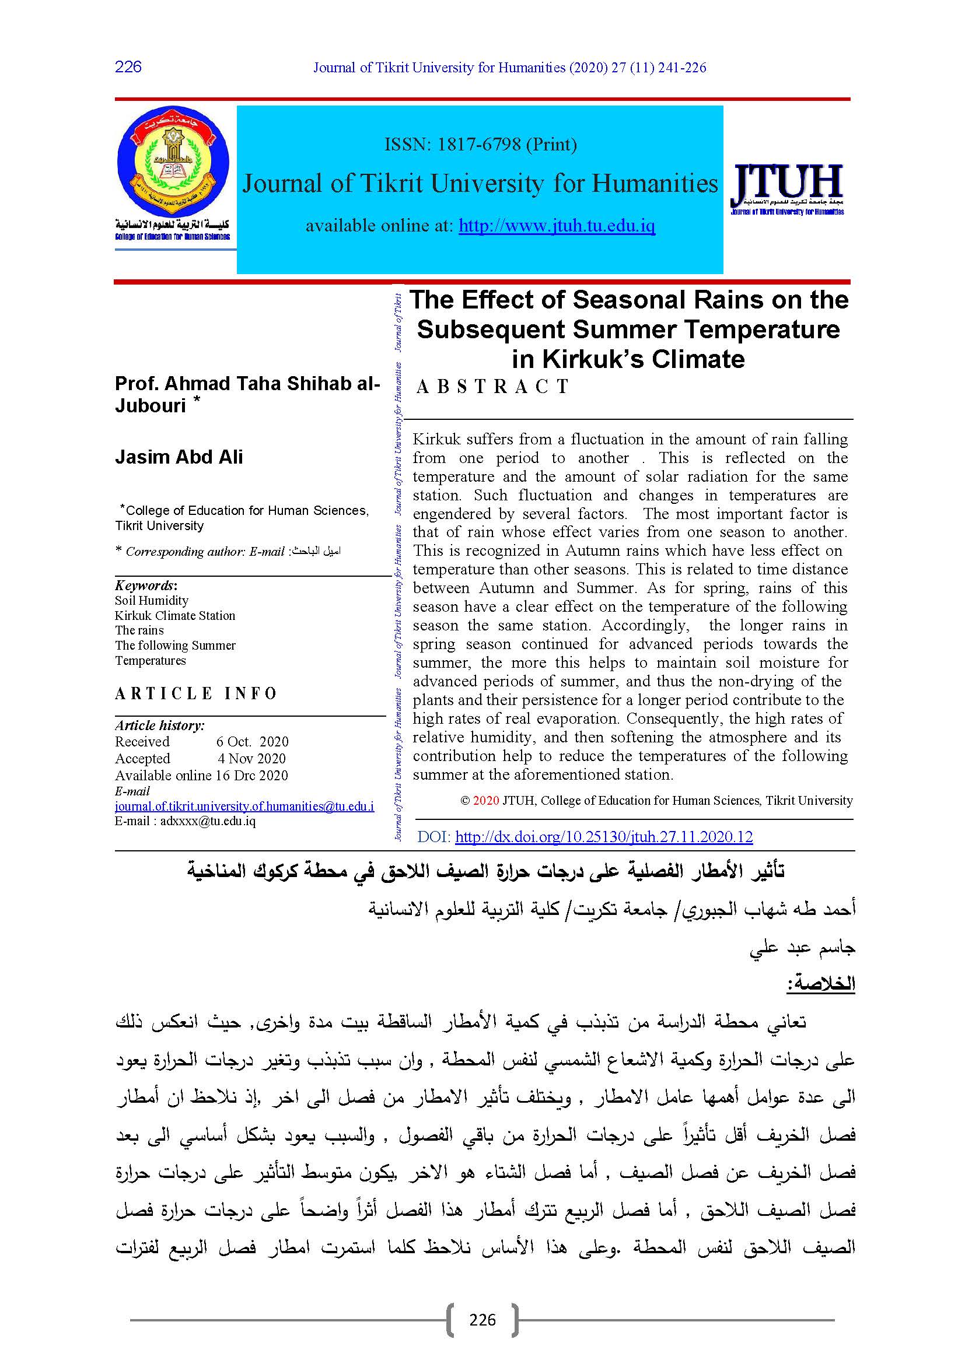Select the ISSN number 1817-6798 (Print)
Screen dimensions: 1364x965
pyautogui.click(x=480, y=145)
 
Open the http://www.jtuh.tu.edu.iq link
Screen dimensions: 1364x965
pyautogui.click(x=557, y=226)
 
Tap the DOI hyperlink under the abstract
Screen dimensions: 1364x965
pyautogui.click(x=604, y=837)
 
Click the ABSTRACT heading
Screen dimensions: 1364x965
pyautogui.click(x=492, y=387)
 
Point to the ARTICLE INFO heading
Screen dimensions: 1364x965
pyautogui.click(x=196, y=693)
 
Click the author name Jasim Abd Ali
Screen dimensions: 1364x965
pyautogui.click(x=179, y=457)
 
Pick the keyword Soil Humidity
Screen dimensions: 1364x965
pyautogui.click(x=152, y=601)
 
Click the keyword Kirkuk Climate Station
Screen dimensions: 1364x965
pyautogui.click(x=175, y=615)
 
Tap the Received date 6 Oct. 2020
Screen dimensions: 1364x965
pyautogui.click(x=252, y=741)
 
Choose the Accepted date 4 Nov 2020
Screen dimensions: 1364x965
pyautogui.click(x=251, y=759)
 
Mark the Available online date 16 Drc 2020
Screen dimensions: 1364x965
pyautogui.click(x=251, y=775)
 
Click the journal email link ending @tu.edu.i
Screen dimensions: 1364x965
pyautogui.click(x=244, y=807)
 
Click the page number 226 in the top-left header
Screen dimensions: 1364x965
pyautogui.click(x=128, y=66)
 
